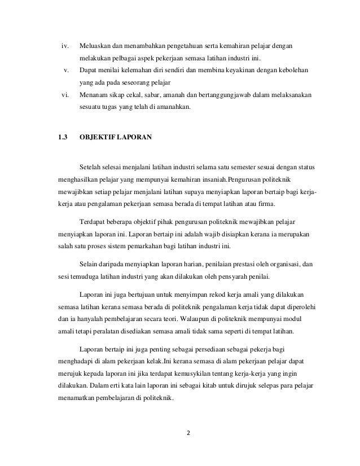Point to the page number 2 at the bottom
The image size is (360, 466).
tap(188, 435)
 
